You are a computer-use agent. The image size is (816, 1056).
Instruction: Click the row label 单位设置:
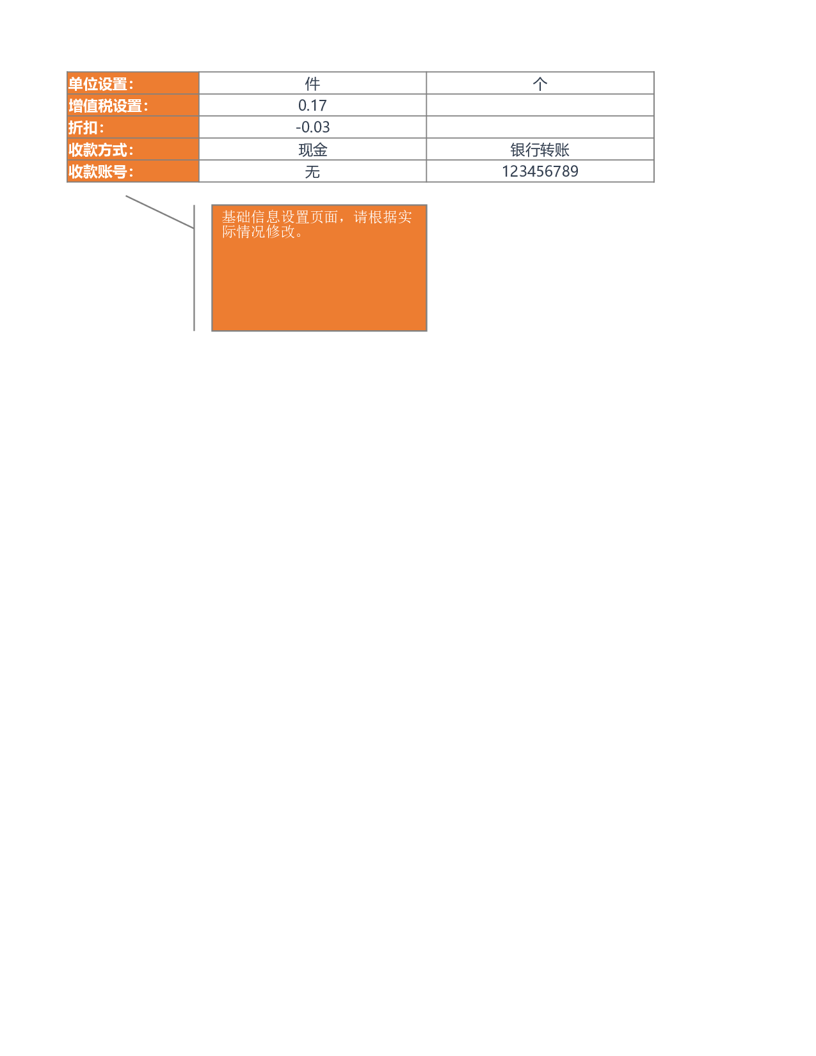(100, 84)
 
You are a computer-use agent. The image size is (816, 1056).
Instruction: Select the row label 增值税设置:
(108, 106)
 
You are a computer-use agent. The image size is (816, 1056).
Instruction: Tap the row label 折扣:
(86, 128)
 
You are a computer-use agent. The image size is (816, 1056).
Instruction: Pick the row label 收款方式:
(100, 150)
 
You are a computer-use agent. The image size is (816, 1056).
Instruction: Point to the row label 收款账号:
(100, 172)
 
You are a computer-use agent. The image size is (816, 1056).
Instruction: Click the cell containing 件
(312, 83)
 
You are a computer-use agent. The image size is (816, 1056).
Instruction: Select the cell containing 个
(540, 83)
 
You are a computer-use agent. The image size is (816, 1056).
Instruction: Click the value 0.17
(312, 106)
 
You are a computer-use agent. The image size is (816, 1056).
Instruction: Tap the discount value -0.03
(312, 127)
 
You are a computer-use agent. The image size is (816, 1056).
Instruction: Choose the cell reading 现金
(312, 149)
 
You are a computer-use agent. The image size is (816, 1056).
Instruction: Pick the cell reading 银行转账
(540, 149)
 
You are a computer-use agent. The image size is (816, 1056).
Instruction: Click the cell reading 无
(312, 171)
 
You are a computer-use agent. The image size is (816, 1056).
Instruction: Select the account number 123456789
(540, 171)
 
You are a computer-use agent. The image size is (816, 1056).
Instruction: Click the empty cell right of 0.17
(540, 105)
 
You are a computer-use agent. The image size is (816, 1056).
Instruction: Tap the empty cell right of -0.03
(540, 127)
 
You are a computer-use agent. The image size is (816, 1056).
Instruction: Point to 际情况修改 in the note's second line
(259, 232)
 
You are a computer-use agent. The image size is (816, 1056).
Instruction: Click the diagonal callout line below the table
(160, 212)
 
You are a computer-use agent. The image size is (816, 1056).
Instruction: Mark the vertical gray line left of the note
(195, 268)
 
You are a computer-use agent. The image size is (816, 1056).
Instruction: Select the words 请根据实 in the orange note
(383, 217)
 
